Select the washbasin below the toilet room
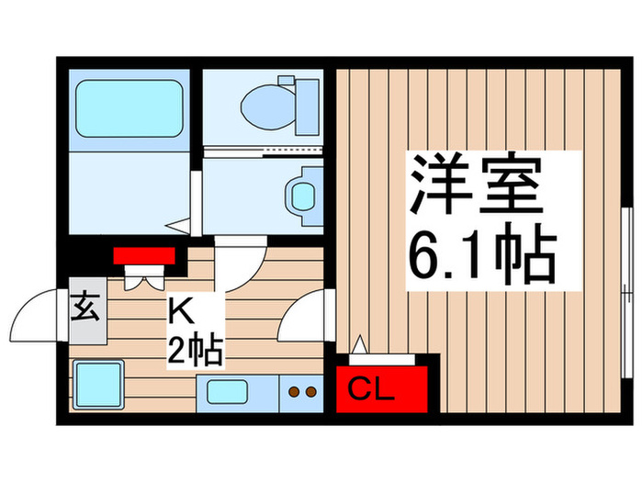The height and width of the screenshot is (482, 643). pyautogui.click(x=300, y=194)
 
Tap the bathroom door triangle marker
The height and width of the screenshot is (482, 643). pyautogui.click(x=180, y=222)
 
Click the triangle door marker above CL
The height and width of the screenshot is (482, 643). pyautogui.click(x=360, y=346)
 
